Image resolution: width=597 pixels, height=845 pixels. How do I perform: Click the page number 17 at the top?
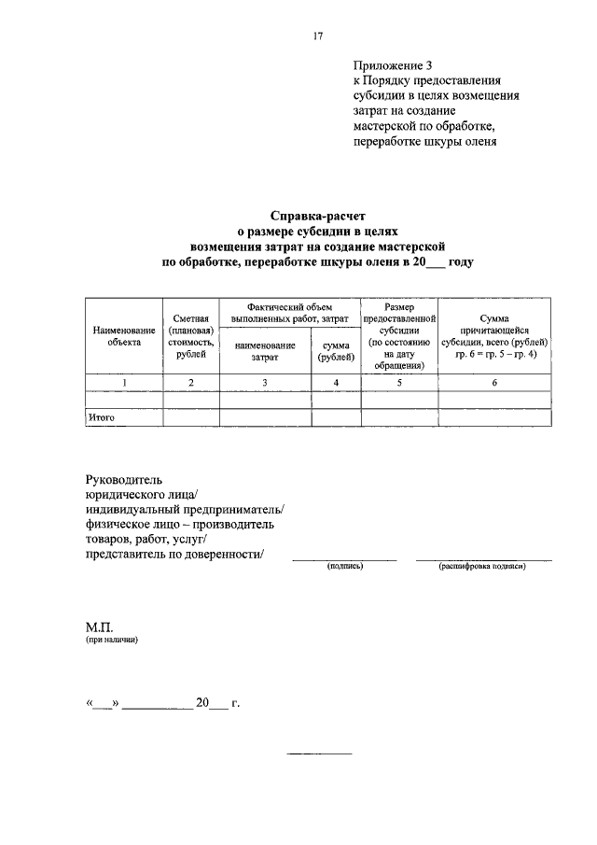(318, 35)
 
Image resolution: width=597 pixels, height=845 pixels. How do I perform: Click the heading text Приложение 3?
(394, 65)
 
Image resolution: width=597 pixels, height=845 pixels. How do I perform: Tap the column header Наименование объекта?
(123, 336)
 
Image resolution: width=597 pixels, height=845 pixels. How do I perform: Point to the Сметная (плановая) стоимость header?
(190, 336)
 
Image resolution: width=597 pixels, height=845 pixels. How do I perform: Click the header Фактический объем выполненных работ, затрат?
(289, 312)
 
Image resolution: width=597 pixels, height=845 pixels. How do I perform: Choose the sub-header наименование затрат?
(265, 351)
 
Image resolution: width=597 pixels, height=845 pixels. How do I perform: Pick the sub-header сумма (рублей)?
(336, 351)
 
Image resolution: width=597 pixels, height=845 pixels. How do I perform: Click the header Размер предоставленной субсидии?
(399, 336)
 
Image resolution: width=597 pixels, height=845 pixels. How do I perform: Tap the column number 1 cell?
(123, 382)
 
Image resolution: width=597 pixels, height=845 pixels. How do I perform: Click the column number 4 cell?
(336, 382)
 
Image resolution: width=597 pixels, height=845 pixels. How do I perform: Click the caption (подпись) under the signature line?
(344, 567)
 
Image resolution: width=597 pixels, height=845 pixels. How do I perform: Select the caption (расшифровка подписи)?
(483, 567)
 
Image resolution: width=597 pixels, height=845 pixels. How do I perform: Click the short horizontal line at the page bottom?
(319, 752)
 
